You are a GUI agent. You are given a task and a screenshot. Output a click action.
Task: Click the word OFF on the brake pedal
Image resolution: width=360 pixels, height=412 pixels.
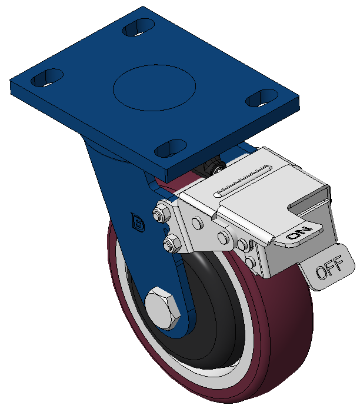click(x=329, y=267)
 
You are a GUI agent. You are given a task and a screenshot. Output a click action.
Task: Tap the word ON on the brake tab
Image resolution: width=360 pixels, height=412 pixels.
click(x=299, y=233)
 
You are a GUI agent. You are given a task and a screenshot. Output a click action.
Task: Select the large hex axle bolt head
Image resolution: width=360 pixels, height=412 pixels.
click(x=162, y=308)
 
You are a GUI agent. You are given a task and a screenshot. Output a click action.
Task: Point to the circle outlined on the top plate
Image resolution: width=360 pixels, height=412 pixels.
click(x=154, y=88)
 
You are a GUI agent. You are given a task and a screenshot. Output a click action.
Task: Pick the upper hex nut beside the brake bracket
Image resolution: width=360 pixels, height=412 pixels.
click(x=162, y=212)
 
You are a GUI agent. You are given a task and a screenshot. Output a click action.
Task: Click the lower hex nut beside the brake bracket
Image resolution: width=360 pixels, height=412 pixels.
click(x=172, y=244)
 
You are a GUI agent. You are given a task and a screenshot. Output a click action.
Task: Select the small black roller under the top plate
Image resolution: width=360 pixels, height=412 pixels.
click(x=215, y=166)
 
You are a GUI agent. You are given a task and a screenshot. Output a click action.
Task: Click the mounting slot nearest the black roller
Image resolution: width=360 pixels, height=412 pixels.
click(x=171, y=148)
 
